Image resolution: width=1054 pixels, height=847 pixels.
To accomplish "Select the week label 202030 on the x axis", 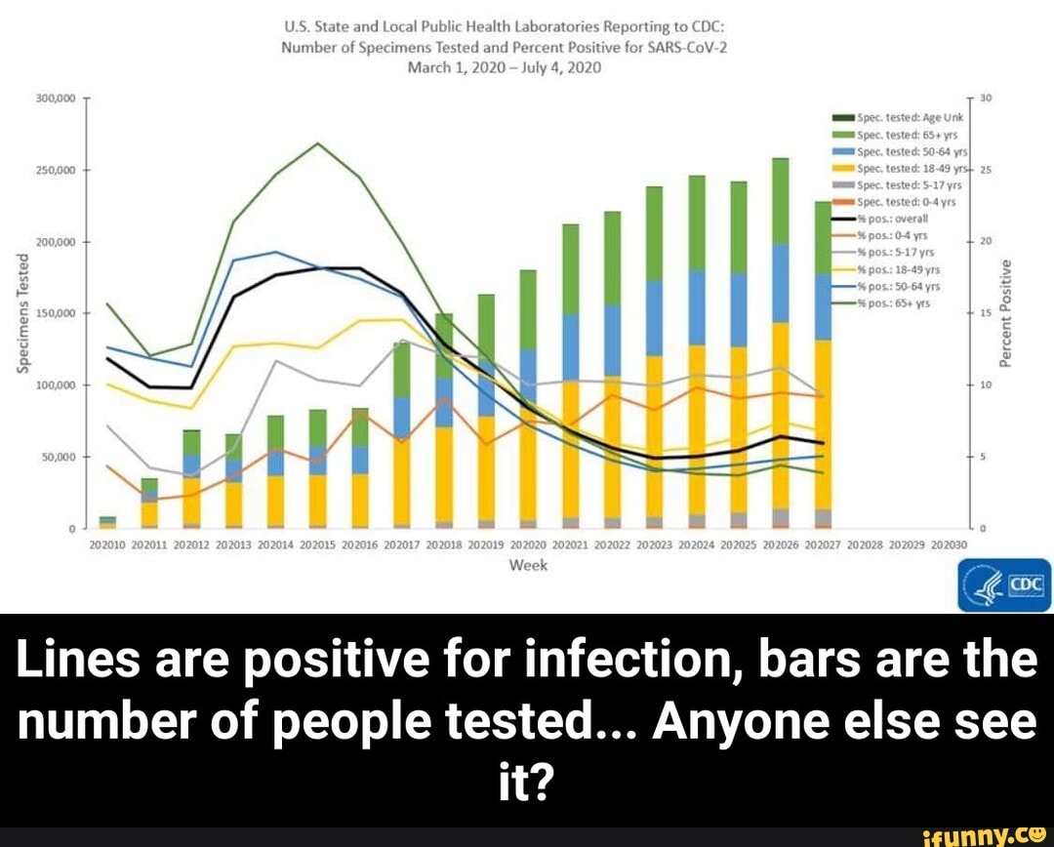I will (949, 544).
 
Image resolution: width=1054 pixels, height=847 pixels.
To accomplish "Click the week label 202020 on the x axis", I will (528, 544).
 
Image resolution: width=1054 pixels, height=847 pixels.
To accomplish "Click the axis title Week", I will (528, 566).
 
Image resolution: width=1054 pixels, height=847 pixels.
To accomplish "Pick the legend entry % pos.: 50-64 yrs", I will (888, 287).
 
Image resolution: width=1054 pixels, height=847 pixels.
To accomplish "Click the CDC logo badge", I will (1004, 585).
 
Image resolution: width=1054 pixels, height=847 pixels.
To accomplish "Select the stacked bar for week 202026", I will (781, 342).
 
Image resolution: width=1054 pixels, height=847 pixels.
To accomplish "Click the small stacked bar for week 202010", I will (107, 522).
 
